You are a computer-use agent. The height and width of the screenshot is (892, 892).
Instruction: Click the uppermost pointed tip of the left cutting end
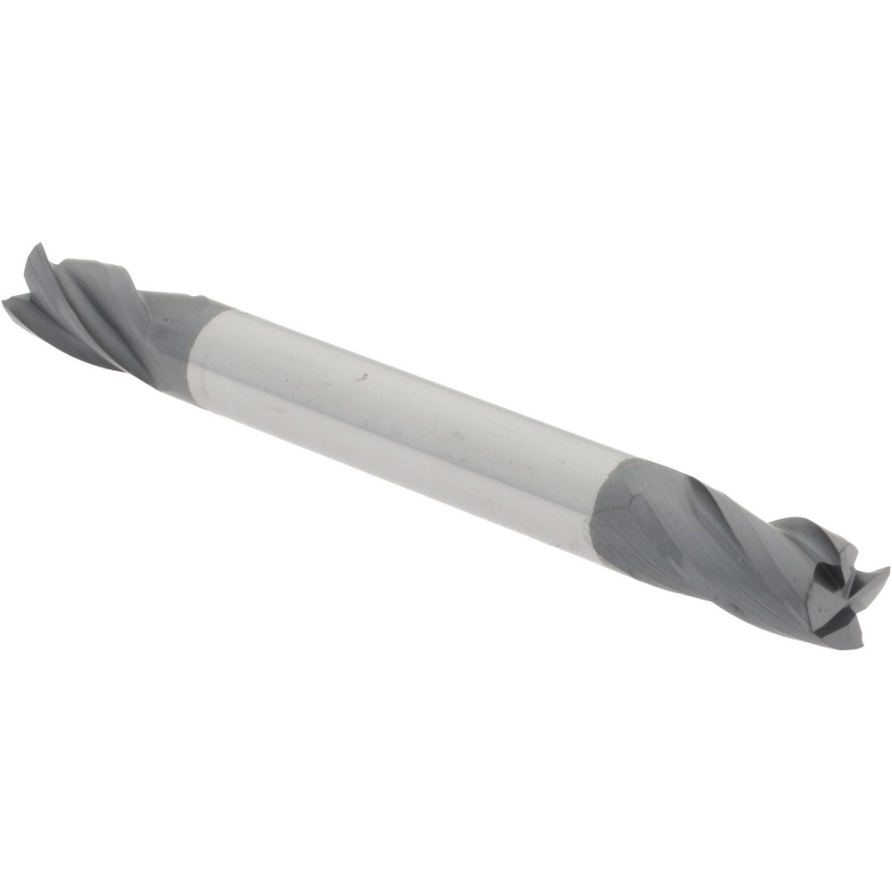coord(36,245)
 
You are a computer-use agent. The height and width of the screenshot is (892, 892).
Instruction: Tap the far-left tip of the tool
coord(4,301)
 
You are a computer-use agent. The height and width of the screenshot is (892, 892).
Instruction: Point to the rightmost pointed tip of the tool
coord(888,569)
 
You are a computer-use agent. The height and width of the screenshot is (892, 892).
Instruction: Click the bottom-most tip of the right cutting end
coord(858,647)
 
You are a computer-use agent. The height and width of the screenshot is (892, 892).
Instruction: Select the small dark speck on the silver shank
coord(363,376)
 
